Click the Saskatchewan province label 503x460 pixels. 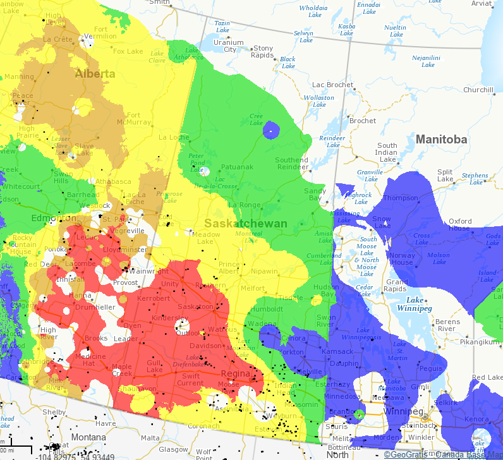click(246, 224)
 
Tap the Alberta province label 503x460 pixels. click(95, 74)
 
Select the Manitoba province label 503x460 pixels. click(441, 139)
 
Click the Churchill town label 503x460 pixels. click(478, 90)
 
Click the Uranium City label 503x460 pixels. click(228, 46)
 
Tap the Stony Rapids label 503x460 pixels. click(263, 51)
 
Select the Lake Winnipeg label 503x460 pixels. click(415, 304)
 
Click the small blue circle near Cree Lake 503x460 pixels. click(271, 130)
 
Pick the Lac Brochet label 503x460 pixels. click(333, 85)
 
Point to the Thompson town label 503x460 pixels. click(400, 198)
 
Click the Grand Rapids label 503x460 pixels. click(397, 286)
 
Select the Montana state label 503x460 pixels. click(88, 437)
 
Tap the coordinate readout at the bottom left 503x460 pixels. click(76, 456)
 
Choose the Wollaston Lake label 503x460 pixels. click(318, 101)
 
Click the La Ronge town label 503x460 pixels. click(244, 205)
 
